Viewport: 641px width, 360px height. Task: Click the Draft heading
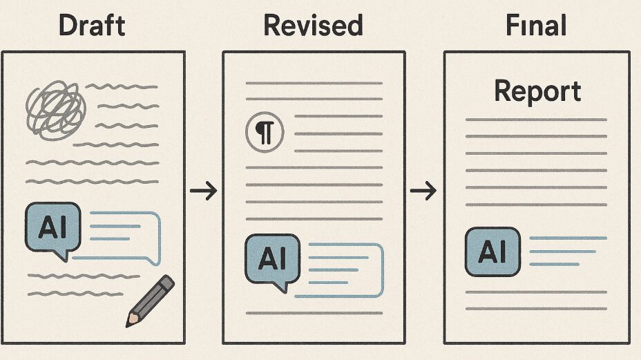(92, 26)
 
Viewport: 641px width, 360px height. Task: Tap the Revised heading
(313, 26)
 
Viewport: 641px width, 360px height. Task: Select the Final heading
(536, 26)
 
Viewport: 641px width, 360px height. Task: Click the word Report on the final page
(537, 91)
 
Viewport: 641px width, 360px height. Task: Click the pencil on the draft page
(150, 301)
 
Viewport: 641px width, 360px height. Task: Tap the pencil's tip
(127, 325)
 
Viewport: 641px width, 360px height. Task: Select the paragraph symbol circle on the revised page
(265, 133)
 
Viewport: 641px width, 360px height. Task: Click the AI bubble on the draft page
(52, 230)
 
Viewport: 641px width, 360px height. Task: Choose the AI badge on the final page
(492, 252)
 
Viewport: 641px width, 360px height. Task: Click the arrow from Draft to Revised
(204, 191)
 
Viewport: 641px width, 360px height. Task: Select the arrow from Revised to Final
(423, 191)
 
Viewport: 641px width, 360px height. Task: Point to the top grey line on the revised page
(314, 83)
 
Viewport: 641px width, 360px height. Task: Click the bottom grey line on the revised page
(314, 313)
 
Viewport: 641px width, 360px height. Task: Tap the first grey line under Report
(536, 120)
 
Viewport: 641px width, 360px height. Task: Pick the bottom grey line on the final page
(536, 308)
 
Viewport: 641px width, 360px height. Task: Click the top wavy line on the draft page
(122, 86)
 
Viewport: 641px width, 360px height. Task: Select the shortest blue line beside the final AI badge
(554, 264)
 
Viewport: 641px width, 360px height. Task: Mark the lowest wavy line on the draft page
(75, 293)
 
